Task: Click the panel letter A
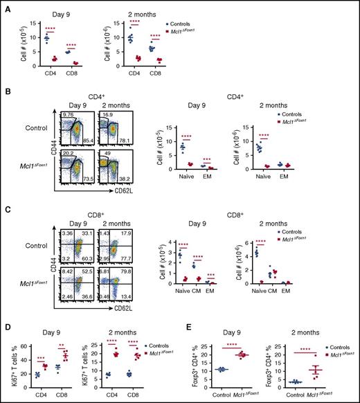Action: (6, 6)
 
